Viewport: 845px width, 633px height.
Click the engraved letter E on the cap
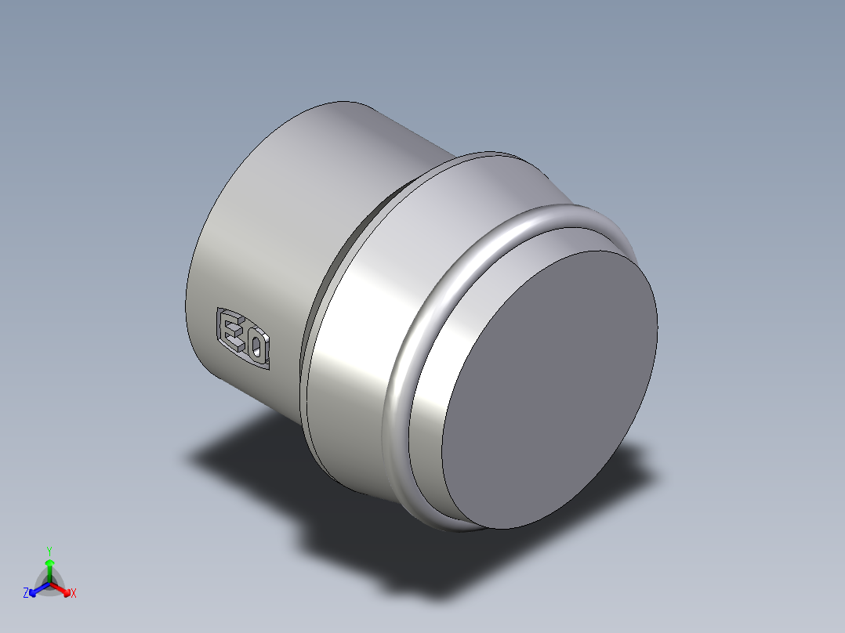(232, 331)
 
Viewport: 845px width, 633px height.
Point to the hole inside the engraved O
(256, 346)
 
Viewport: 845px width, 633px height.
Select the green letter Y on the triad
(49, 550)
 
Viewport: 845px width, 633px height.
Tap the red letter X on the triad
(74, 594)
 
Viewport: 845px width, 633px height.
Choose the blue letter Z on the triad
(26, 594)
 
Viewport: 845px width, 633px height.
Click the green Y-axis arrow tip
(49, 562)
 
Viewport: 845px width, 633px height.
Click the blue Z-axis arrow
(36, 589)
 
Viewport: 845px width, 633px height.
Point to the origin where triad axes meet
(49, 583)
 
